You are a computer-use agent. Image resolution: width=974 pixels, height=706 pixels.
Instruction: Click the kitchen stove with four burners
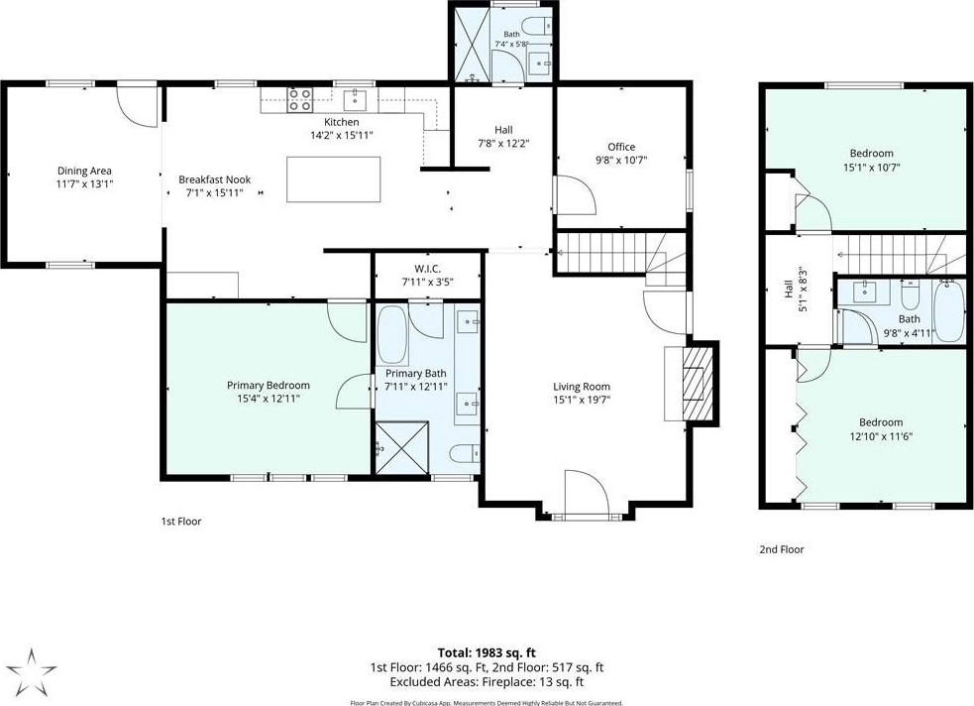(x=299, y=100)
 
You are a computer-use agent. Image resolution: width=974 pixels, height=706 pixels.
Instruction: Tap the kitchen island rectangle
(x=334, y=179)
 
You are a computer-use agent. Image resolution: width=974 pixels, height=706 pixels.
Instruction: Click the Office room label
(x=621, y=147)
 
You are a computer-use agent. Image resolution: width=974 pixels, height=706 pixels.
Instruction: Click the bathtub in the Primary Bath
(x=392, y=334)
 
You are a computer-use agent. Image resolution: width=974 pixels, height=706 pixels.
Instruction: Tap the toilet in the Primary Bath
(x=466, y=454)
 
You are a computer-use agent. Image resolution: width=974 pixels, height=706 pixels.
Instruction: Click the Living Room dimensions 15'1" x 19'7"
(x=582, y=400)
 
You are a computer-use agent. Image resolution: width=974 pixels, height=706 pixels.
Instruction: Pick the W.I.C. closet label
(x=428, y=269)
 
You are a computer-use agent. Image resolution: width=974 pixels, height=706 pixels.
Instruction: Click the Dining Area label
(x=84, y=171)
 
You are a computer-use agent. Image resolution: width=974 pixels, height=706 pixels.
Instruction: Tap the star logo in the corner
(x=32, y=672)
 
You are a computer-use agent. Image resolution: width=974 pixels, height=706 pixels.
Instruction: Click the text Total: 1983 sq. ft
(x=487, y=652)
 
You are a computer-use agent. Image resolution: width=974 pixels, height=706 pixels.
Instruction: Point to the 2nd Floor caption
(x=782, y=549)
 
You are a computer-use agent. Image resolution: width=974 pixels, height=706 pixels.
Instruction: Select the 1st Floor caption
(x=180, y=522)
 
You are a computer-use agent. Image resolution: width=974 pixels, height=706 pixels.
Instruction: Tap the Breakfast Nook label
(x=215, y=179)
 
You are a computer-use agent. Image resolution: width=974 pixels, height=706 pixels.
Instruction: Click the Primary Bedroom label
(x=269, y=386)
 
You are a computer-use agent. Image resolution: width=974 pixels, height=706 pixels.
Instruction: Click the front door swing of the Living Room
(x=588, y=493)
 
